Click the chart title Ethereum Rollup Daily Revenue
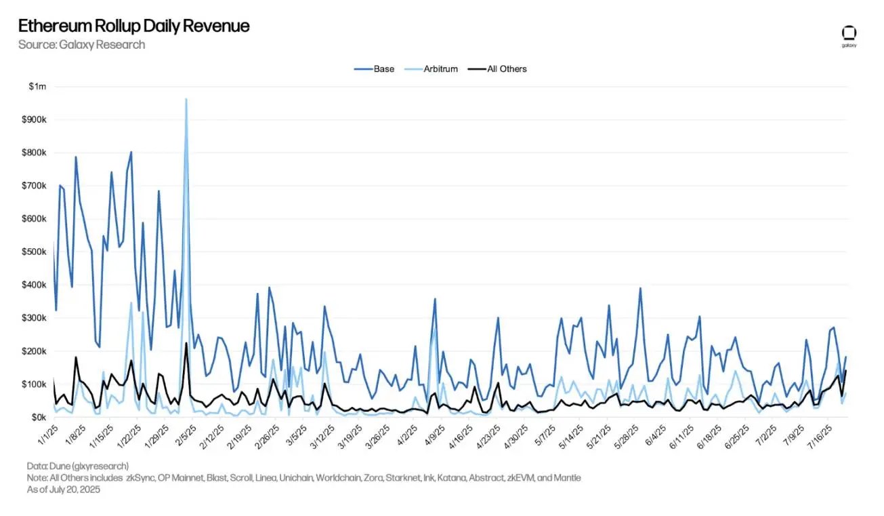click(x=133, y=26)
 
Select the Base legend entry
click(x=383, y=68)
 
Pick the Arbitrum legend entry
click(x=440, y=68)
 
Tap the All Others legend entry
click(x=507, y=68)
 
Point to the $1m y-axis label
click(x=37, y=87)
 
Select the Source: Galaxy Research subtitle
click(x=81, y=45)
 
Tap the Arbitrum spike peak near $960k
click(x=186, y=99)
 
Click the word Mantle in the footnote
click(x=566, y=477)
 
